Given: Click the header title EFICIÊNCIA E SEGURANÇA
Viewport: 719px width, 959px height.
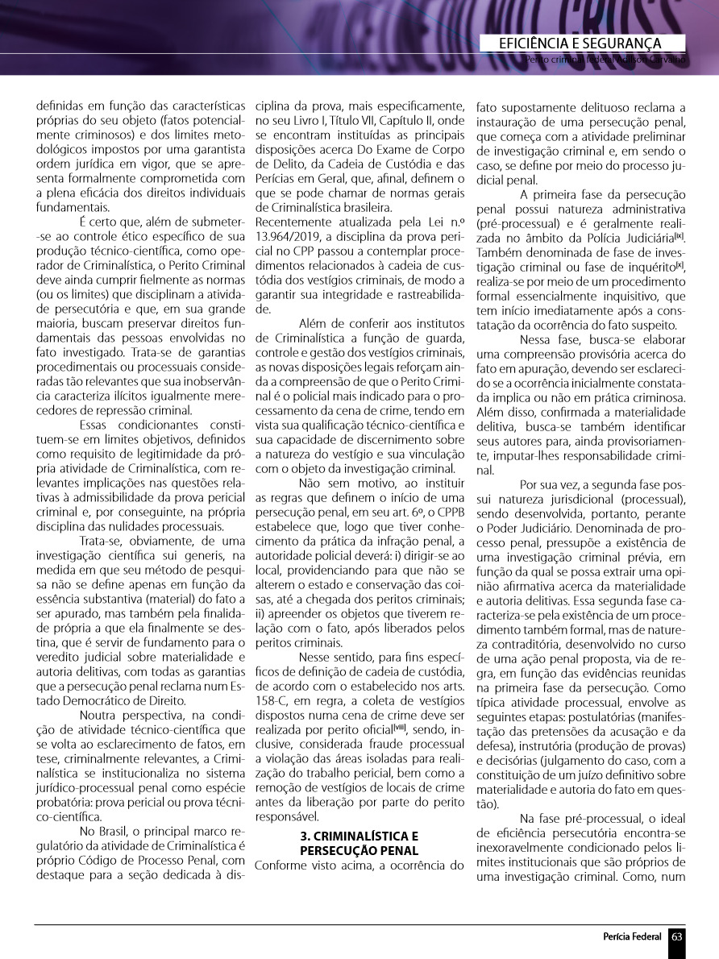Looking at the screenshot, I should point(580,44).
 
